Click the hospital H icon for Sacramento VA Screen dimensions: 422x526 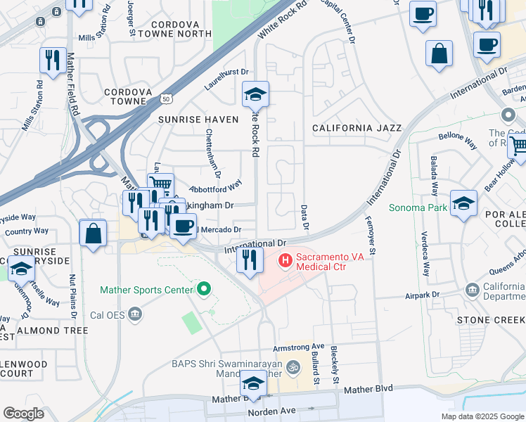pyautogui.click(x=286, y=261)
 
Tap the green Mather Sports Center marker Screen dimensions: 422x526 pyautogui.click(x=204, y=289)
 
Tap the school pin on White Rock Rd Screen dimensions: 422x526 pyautogui.click(x=255, y=94)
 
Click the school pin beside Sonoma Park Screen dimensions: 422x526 pyautogui.click(x=463, y=203)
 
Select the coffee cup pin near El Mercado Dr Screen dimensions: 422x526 pyautogui.click(x=184, y=226)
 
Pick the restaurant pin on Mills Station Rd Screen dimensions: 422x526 pyautogui.click(x=53, y=61)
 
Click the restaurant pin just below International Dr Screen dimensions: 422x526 pyautogui.click(x=249, y=260)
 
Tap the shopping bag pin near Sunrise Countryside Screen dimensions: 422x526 pyautogui.click(x=93, y=233)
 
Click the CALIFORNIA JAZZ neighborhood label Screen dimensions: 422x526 pyautogui.click(x=357, y=128)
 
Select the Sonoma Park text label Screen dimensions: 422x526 pyautogui.click(x=419, y=208)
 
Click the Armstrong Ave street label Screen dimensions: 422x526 pyautogui.click(x=298, y=347)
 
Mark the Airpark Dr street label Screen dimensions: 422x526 pyautogui.click(x=423, y=296)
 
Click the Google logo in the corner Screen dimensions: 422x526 pyautogui.click(x=24, y=414)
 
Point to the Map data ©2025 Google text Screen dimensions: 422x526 pyautogui.click(x=482, y=416)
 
